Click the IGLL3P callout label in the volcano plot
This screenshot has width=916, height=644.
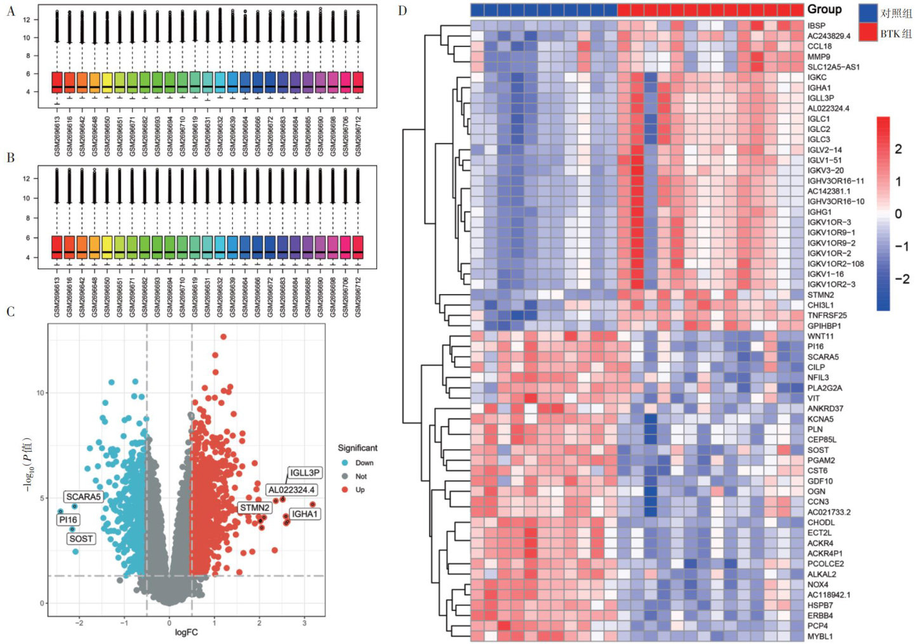(305, 473)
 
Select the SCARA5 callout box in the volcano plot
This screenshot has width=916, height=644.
(83, 497)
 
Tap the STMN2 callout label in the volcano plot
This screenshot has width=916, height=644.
(255, 507)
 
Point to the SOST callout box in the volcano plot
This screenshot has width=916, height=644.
(81, 539)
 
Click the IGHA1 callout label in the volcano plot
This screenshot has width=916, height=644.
(305, 514)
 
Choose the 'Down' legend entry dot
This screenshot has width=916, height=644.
(345, 463)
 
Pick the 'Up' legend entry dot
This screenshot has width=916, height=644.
(345, 490)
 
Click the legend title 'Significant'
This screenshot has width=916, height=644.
(357, 448)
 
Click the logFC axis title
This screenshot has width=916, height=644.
(186, 632)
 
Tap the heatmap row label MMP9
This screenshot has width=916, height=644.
(818, 57)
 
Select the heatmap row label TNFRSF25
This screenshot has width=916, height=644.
(826, 315)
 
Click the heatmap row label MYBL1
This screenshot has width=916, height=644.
(820, 636)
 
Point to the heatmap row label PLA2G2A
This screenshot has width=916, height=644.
(825, 387)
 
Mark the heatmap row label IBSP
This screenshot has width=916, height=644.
(816, 25)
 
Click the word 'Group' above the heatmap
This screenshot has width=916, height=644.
(824, 10)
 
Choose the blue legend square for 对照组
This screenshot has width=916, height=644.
(868, 12)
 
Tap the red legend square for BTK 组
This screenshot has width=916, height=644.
(868, 32)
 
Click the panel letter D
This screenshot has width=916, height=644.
(402, 10)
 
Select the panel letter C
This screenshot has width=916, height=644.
(10, 311)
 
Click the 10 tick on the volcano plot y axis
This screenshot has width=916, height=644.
(41, 392)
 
